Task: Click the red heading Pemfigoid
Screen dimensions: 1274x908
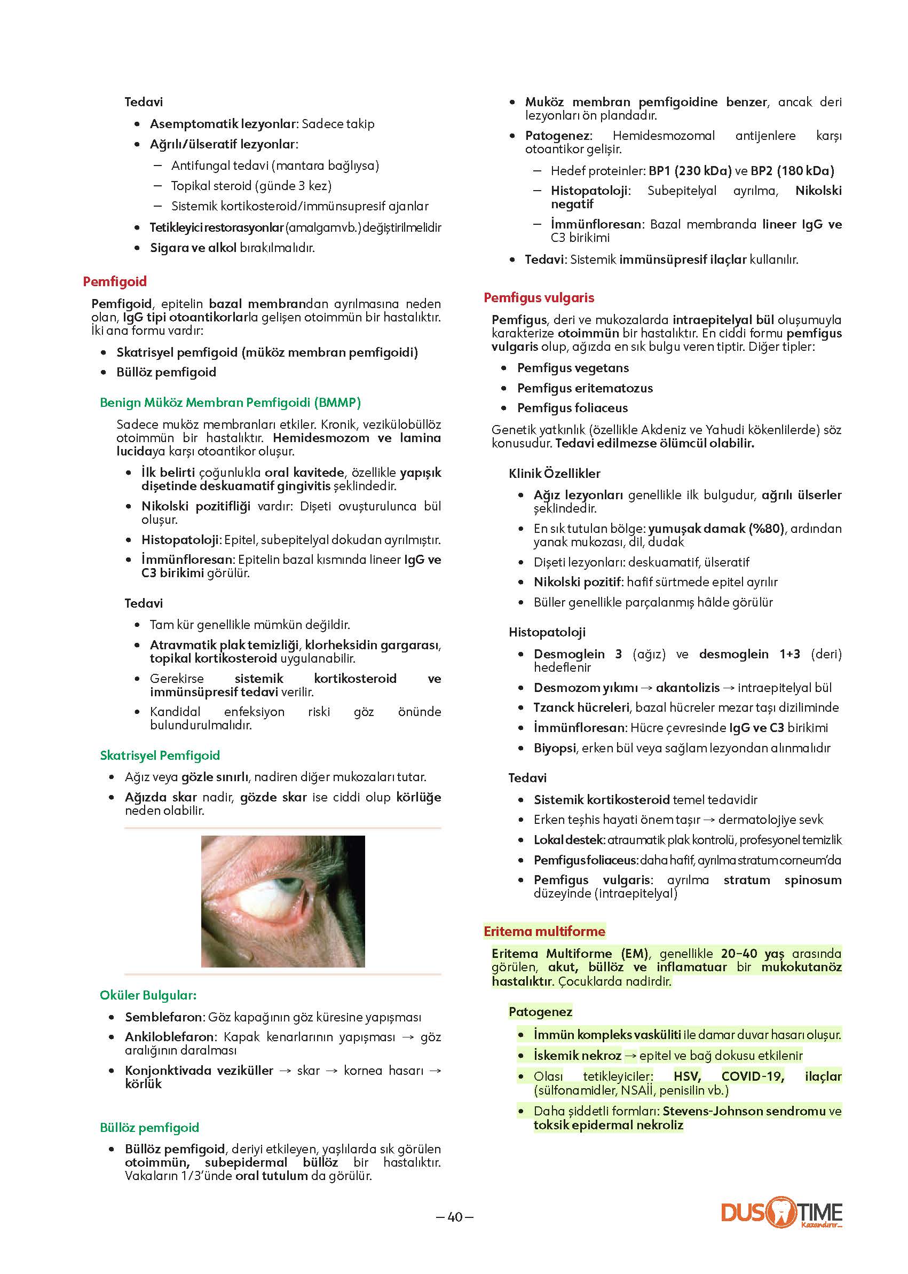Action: coord(115,281)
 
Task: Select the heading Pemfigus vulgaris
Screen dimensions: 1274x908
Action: coord(539,297)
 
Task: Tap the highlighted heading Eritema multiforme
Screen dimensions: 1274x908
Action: coord(544,931)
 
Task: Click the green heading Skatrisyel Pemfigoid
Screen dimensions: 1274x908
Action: coord(160,755)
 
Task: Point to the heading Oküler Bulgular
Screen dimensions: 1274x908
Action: coord(148,995)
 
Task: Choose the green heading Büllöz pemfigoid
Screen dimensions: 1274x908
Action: coord(149,1127)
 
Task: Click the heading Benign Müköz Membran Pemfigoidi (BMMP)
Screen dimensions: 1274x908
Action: coord(230,402)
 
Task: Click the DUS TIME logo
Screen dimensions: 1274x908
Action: coord(781,1212)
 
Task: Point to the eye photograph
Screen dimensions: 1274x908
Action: coord(283,901)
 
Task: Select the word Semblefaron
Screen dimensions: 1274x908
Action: coord(163,1017)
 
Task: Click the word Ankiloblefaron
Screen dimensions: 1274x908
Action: coord(169,1037)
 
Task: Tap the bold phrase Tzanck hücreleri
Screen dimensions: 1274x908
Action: coord(581,707)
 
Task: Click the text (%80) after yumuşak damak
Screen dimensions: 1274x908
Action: coord(766,529)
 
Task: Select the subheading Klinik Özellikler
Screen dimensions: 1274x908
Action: coord(554,473)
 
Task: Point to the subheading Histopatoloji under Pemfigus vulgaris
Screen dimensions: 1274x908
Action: coord(547,632)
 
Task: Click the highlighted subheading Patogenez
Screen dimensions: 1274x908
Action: coord(540,1011)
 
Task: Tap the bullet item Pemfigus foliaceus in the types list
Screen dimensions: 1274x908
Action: coord(572,408)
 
